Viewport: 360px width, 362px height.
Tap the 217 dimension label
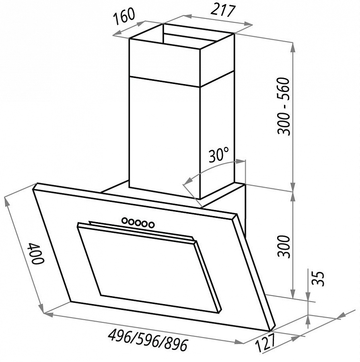pyautogui.click(x=222, y=10)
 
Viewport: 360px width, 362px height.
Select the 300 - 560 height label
pyautogui.click(x=284, y=107)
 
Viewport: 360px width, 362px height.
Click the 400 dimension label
pyautogui.click(x=35, y=253)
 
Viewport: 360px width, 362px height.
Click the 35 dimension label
pyautogui.click(x=318, y=279)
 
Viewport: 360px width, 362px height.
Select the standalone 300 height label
pyautogui.click(x=284, y=246)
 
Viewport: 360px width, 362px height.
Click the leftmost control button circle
pyautogui.click(x=125, y=220)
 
